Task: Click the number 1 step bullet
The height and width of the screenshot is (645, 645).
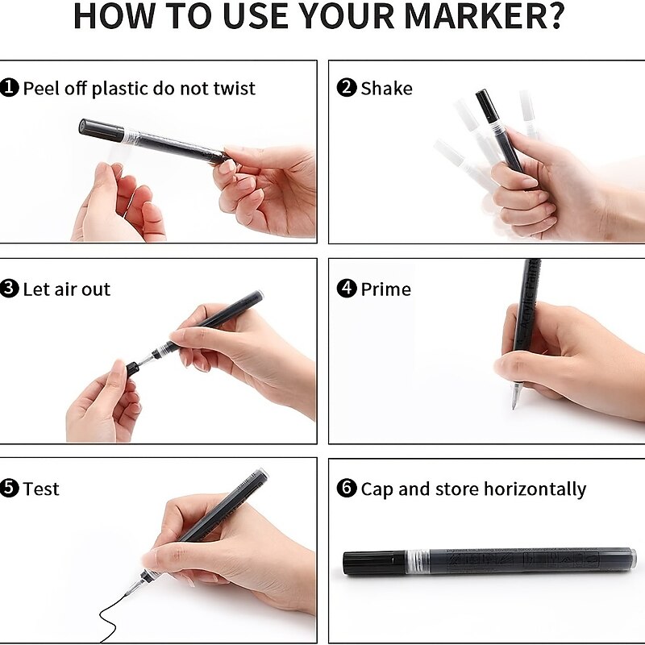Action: tap(9, 88)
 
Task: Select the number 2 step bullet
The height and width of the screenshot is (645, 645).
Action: tap(347, 88)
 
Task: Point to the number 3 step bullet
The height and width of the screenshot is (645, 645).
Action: tap(9, 289)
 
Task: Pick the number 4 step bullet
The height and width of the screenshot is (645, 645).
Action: tap(347, 289)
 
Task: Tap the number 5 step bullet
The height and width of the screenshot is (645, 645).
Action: tap(9, 489)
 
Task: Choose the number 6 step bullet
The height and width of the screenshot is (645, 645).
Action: tap(347, 489)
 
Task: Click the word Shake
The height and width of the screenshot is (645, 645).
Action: tap(386, 88)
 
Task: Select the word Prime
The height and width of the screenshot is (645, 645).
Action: tap(386, 289)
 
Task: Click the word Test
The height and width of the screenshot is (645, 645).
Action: tap(41, 489)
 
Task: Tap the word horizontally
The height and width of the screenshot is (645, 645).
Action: tap(535, 489)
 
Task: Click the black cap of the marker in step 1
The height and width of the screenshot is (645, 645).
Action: tap(102, 129)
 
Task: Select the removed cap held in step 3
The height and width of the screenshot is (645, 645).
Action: tap(132, 368)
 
